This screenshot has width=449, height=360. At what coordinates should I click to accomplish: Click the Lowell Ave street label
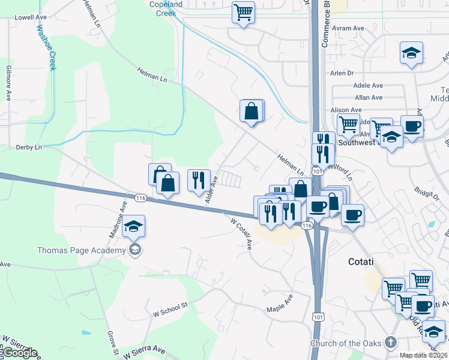tap(31, 17)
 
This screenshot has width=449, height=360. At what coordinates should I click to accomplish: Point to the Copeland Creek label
tap(165, 8)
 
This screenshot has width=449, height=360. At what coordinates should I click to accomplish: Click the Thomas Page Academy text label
tap(82, 250)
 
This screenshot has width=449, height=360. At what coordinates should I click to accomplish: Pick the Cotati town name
tap(361, 262)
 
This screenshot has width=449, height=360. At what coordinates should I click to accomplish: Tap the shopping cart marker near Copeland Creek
tap(243, 12)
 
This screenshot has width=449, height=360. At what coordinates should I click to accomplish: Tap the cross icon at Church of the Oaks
tap(391, 343)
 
